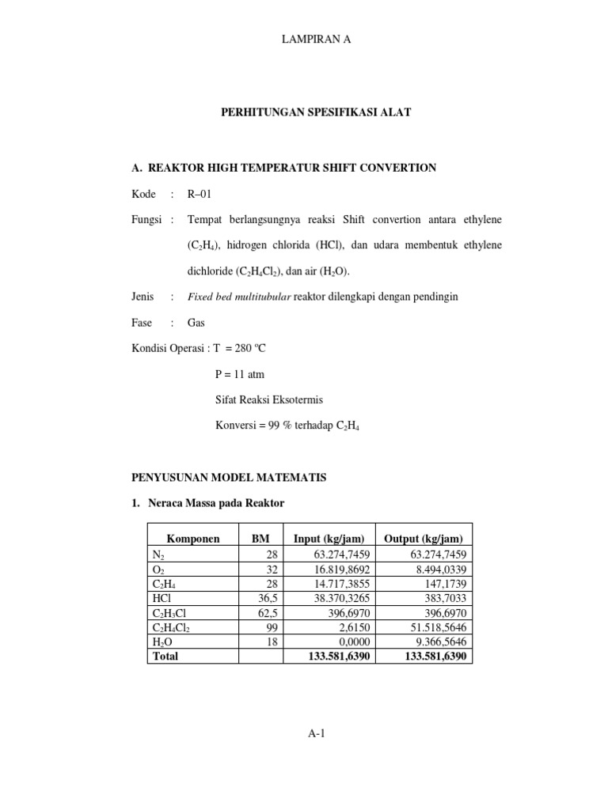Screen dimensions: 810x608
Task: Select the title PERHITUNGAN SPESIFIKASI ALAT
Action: [x=316, y=113]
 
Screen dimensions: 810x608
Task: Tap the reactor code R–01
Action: [x=199, y=194]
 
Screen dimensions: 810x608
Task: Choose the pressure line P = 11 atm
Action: [x=240, y=374]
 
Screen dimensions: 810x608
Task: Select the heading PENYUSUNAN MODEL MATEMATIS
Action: [x=228, y=477]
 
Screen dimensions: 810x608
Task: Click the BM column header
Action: [x=260, y=539]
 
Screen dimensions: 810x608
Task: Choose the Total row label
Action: [x=165, y=656]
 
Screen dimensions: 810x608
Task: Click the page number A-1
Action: [x=317, y=733]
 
